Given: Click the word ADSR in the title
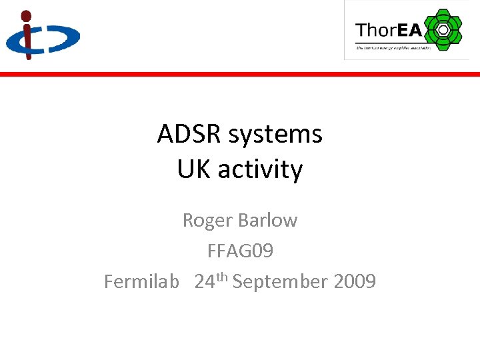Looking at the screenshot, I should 189,134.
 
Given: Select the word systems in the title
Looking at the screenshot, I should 275,135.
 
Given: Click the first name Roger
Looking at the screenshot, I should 207,220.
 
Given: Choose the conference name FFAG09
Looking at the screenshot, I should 240,251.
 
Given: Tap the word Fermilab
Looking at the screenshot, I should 141,281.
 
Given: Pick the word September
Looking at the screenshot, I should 280,282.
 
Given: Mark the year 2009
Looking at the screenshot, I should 355,281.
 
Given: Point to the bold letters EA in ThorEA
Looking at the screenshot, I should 409,30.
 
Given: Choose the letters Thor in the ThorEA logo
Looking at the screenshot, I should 376,30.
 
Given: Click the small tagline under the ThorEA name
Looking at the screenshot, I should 393,47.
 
